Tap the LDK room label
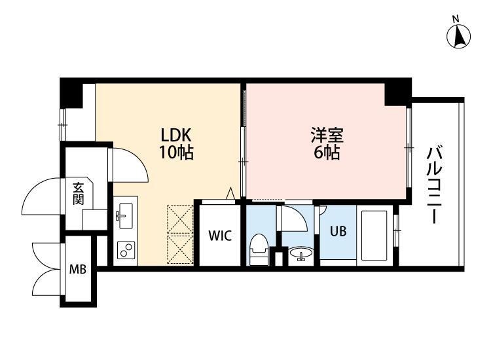(x=176, y=135)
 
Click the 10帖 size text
(x=176, y=154)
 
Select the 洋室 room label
(x=325, y=136)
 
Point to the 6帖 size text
(x=325, y=154)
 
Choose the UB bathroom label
(x=338, y=232)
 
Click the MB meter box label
(x=78, y=268)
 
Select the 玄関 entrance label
(x=79, y=194)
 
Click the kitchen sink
(x=124, y=214)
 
